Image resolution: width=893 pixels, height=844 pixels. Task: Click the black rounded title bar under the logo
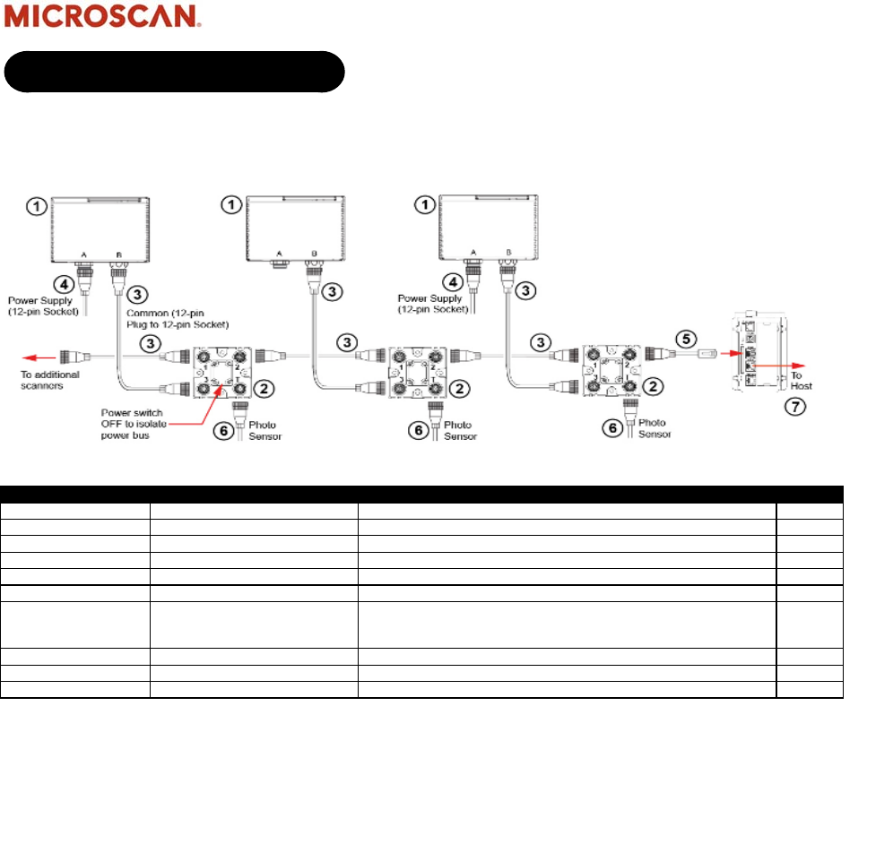175,72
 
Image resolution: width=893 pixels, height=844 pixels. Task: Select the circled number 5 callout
684,340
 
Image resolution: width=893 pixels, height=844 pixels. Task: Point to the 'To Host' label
802,380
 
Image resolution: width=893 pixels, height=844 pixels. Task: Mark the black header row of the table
422,494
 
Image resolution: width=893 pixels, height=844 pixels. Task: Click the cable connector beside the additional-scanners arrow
73,356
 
